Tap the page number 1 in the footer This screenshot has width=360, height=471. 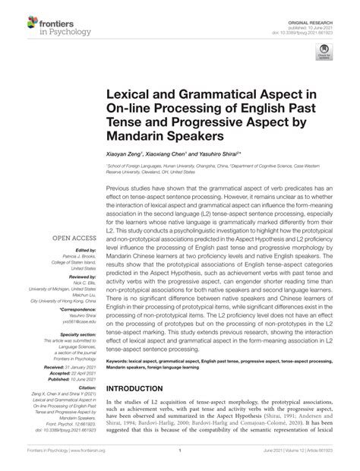(x=180, y=463)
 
